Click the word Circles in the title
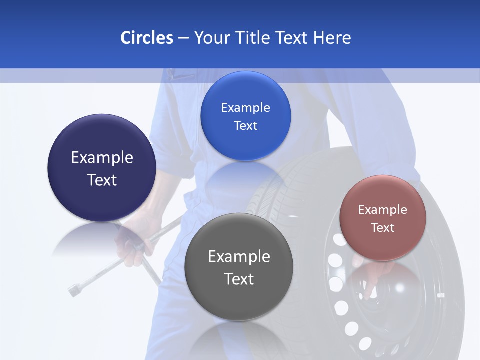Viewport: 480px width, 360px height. click(147, 38)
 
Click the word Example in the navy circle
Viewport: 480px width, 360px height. click(102, 158)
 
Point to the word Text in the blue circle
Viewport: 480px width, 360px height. click(245, 126)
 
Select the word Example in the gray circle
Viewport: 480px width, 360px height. click(239, 257)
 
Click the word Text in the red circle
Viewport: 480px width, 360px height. click(383, 228)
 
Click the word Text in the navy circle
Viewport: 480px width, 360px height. click(102, 180)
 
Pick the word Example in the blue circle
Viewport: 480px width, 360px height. click(245, 108)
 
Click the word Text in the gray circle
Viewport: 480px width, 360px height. click(239, 279)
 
